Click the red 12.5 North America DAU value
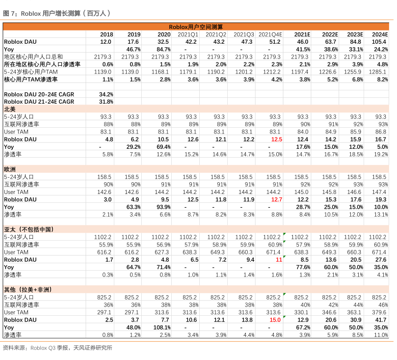coord(276,139)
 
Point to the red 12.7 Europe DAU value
coord(276,199)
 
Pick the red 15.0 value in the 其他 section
coord(275,320)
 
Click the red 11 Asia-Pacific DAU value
coord(279,259)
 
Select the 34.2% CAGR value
coord(106,94)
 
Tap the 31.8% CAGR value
coord(106,102)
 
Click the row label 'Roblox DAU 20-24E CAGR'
coord(39,94)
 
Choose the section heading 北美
coord(9,109)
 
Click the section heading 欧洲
coord(9,169)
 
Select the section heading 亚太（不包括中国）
coord(29,229)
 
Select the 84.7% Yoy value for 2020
coord(163,50)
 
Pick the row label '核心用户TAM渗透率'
coord(31,79)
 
